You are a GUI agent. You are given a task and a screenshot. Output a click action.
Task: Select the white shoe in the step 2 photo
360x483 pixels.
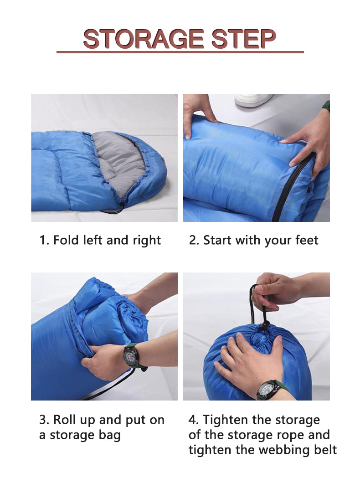[x=253, y=100]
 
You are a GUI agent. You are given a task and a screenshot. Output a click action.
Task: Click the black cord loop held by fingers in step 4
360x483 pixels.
[x=252, y=296]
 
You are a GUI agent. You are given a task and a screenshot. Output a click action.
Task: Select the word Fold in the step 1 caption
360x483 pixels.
[x=67, y=240]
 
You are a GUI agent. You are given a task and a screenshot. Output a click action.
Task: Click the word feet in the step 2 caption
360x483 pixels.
[x=305, y=240]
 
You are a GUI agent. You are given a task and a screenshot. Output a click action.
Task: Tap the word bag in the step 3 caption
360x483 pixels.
[x=111, y=435]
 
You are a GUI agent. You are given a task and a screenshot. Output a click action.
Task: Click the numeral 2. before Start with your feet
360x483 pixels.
[x=194, y=240]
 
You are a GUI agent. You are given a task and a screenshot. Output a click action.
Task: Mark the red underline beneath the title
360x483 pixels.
[x=180, y=52]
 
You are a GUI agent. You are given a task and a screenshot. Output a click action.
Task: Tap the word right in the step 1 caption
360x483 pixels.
[x=147, y=240]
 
